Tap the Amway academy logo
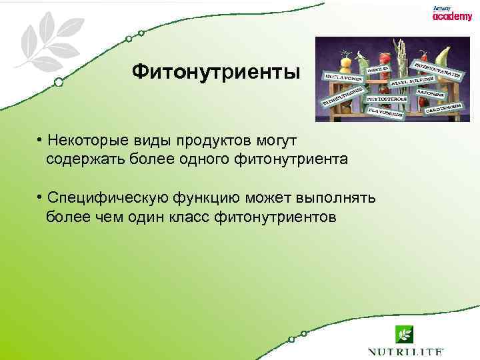tap(451, 14)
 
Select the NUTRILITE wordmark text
tap(405, 351)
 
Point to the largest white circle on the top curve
tap(59, 82)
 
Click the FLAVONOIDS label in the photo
tap(382, 113)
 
